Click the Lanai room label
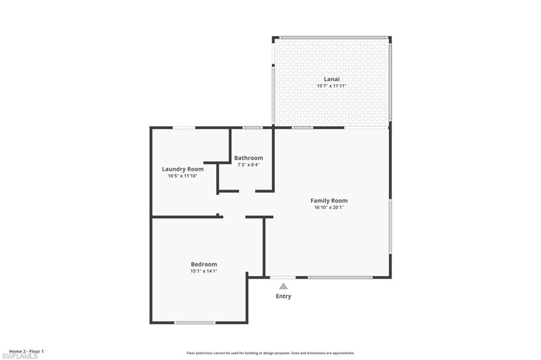(332, 79)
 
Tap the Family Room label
(329, 201)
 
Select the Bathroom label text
(248, 158)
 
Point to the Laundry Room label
(182, 169)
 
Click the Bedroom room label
(204, 264)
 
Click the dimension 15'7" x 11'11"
(332, 86)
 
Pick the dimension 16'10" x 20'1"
(329, 207)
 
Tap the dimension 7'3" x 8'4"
(248, 165)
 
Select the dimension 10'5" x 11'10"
(182, 176)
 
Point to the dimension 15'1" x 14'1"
(204, 271)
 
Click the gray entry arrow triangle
(283, 286)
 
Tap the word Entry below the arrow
(283, 296)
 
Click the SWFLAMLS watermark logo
(20, 356)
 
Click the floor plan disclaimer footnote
(270, 353)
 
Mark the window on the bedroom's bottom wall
(195, 323)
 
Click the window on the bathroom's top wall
(253, 127)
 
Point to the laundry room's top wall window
(184, 127)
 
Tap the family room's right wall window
(390, 226)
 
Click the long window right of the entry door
(340, 277)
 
